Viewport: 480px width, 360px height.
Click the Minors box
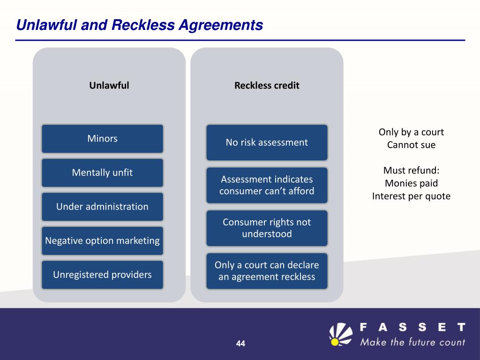pyautogui.click(x=102, y=139)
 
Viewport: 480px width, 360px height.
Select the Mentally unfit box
pyautogui.click(x=102, y=172)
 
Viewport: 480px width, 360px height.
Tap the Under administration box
pyautogui.click(x=102, y=207)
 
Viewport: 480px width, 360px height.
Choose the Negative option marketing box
pyautogui.click(x=102, y=240)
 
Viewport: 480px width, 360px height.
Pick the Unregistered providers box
pyautogui.click(x=102, y=275)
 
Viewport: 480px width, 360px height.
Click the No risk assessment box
pyautogui.click(x=267, y=142)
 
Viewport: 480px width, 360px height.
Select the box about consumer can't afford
pyautogui.click(x=267, y=185)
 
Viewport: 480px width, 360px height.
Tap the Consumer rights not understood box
pyautogui.click(x=267, y=228)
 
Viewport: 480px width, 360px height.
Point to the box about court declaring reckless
pyautogui.click(x=267, y=271)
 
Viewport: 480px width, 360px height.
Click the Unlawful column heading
pyautogui.click(x=109, y=85)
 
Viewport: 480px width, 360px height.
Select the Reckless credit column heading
pyautogui.click(x=267, y=85)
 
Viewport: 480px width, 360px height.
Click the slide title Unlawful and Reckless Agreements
pyautogui.click(x=139, y=25)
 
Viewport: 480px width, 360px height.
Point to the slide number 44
pyautogui.click(x=240, y=344)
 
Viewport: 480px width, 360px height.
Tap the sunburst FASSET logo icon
pyautogui.click(x=341, y=334)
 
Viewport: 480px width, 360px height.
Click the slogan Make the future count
pyautogui.click(x=412, y=342)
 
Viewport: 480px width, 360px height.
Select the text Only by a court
pyautogui.click(x=411, y=132)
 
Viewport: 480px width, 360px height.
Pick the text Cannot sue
pyautogui.click(x=411, y=145)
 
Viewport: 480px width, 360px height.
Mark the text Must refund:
pyautogui.click(x=411, y=170)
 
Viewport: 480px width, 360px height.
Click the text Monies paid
pyautogui.click(x=411, y=183)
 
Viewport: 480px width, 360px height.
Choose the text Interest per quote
pyautogui.click(x=411, y=196)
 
